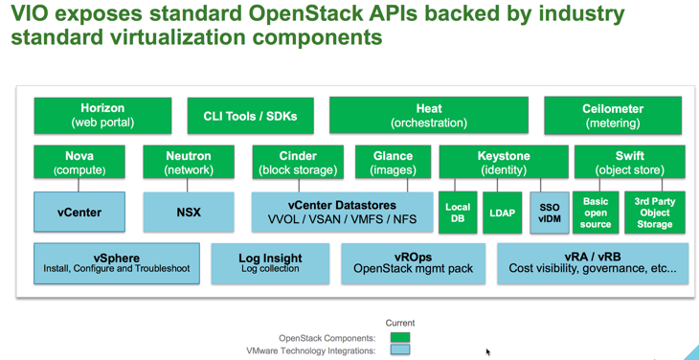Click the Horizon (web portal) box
(x=102, y=116)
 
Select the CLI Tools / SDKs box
(x=250, y=116)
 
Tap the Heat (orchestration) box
(x=428, y=116)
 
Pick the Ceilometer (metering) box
(x=613, y=116)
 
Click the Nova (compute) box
(x=79, y=162)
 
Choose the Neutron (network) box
(x=189, y=162)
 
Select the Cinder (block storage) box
(x=298, y=162)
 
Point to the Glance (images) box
(x=393, y=162)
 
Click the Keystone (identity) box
(x=504, y=162)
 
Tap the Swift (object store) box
(x=630, y=162)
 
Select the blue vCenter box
(x=79, y=213)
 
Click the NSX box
(x=189, y=213)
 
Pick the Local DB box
(x=458, y=213)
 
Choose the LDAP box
(x=503, y=213)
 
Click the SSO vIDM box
(x=550, y=213)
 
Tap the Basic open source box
(x=596, y=213)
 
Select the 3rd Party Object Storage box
(x=654, y=213)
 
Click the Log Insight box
(x=270, y=263)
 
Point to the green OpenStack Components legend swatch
(x=400, y=337)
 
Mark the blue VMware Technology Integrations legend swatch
(x=400, y=350)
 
